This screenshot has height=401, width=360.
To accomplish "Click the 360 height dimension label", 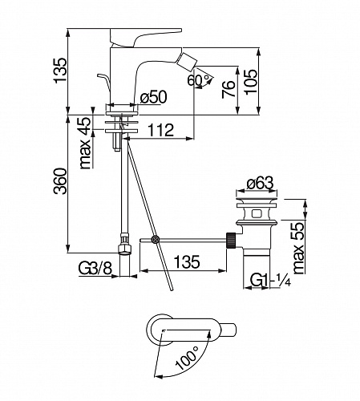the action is [x=60, y=181].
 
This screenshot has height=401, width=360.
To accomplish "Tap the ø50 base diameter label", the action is [x=153, y=96].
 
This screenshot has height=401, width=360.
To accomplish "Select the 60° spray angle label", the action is [x=198, y=80].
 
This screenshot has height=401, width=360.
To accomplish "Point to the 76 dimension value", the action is [x=229, y=89].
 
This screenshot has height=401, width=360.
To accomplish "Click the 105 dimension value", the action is [x=250, y=81].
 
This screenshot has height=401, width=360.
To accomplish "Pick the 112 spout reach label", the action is [x=160, y=130].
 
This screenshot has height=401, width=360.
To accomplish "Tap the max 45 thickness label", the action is [x=86, y=143].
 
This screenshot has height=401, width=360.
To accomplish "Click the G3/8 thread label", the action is [x=95, y=268].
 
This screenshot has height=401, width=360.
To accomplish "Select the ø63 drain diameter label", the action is [x=260, y=183].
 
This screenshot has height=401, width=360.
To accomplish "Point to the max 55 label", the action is [x=299, y=248].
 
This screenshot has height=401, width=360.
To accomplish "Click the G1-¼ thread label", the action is [x=270, y=281].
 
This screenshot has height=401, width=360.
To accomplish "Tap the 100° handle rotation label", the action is [x=187, y=357].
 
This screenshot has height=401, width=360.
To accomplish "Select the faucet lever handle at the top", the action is [x=146, y=38].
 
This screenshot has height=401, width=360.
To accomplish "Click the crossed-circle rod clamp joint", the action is [x=155, y=239].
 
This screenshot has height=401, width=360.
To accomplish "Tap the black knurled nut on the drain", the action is [x=231, y=240].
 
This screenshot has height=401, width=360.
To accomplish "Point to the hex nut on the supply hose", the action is [x=124, y=249].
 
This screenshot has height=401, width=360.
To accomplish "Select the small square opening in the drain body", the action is [x=257, y=214].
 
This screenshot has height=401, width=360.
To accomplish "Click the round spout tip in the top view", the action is [x=228, y=330].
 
